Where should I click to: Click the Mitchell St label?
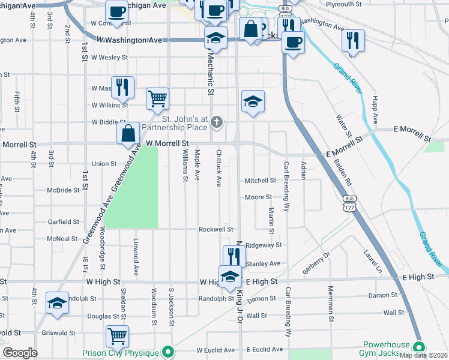click(260, 181)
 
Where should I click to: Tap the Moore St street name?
click(259, 197)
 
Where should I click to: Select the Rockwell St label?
click(216, 229)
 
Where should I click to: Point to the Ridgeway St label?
click(264, 245)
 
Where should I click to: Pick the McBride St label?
click(64, 190)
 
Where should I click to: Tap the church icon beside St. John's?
click(217, 124)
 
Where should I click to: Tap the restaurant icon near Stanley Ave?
click(234, 255)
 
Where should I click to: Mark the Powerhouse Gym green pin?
click(419, 347)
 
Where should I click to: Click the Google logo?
click(20, 353)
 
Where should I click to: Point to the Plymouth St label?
click(343, 4)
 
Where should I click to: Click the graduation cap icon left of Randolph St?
click(57, 302)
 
